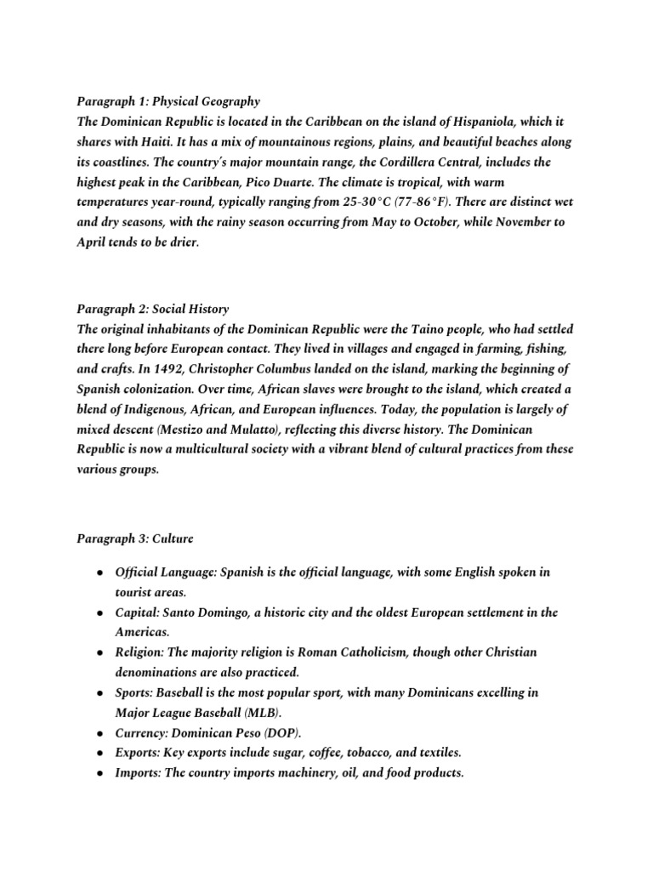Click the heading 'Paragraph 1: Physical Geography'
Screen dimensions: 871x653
point(168,102)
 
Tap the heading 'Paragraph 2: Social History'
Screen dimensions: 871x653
point(153,309)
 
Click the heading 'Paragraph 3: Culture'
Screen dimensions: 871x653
point(135,538)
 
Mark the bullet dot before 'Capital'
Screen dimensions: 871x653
point(100,612)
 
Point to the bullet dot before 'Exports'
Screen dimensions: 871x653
point(100,753)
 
